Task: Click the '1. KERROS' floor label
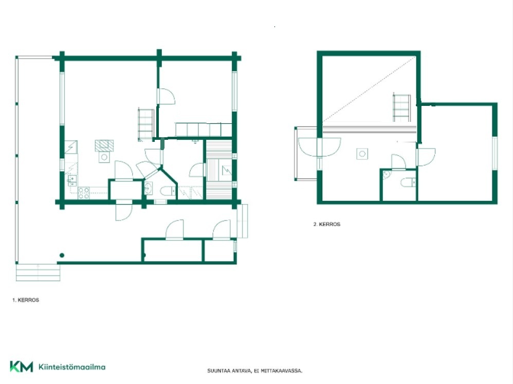tap(26, 300)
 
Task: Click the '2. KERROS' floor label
tap(327, 224)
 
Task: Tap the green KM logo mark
tap(21, 367)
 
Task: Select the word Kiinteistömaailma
tap(72, 367)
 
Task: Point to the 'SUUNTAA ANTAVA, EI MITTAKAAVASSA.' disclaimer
tap(254, 371)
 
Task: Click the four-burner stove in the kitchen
tap(84, 193)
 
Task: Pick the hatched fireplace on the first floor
tap(104, 146)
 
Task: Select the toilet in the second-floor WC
tap(408, 182)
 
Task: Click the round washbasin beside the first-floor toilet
tap(148, 189)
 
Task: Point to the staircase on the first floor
tap(146, 125)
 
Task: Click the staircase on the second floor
tap(401, 107)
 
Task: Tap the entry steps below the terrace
tap(38, 272)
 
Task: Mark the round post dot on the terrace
tap(62, 255)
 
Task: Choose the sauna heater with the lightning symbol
tap(227, 170)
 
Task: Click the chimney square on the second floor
tap(362, 154)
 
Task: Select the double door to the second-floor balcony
tap(319, 147)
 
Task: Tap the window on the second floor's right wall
tap(494, 153)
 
